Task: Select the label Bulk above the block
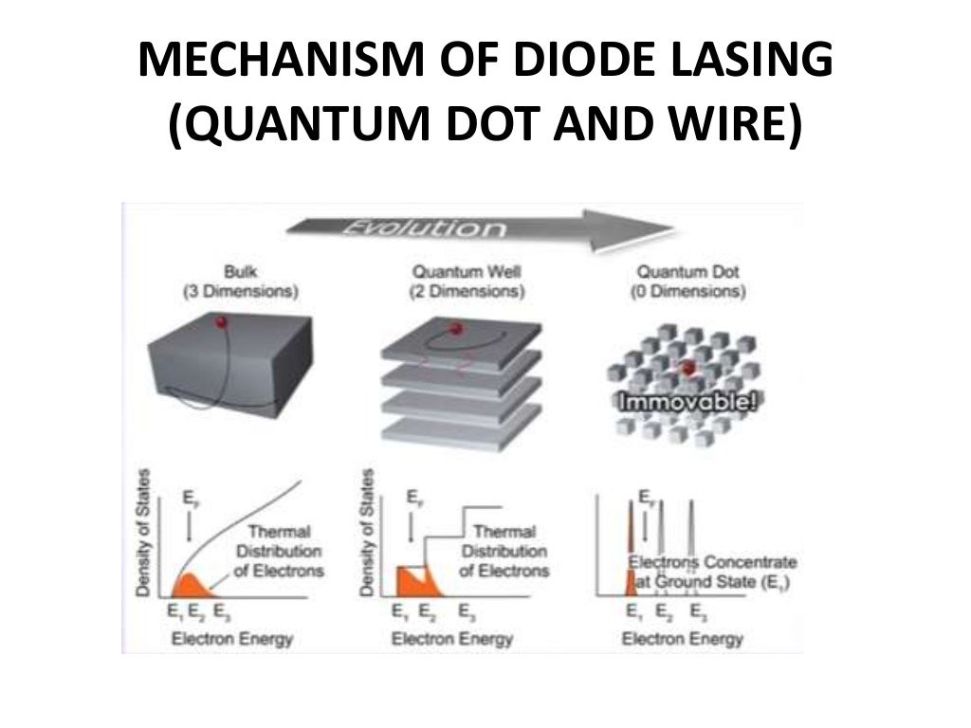pyautogui.click(x=239, y=271)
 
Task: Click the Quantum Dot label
pyautogui.click(x=687, y=271)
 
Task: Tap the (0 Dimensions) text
pyautogui.click(x=687, y=292)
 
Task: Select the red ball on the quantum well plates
pyautogui.click(x=455, y=329)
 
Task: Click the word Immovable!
pyautogui.click(x=688, y=403)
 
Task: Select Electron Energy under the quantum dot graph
pyautogui.click(x=681, y=639)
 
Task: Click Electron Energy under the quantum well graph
pyautogui.click(x=452, y=639)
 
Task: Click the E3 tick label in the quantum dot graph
pyautogui.click(x=696, y=612)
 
